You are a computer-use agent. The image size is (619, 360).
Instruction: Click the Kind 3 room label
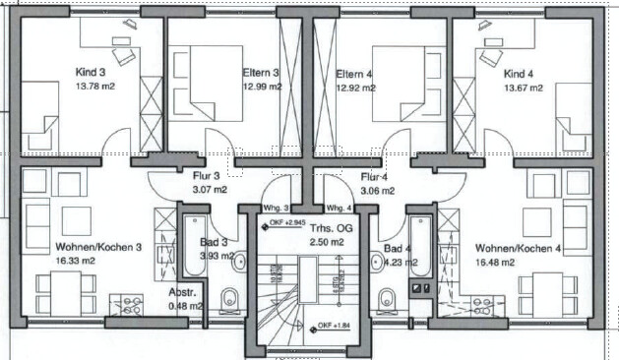pos(91,72)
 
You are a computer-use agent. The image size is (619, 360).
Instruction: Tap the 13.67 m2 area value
pos(524,88)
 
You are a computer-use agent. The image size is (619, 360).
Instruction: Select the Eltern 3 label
pos(261,73)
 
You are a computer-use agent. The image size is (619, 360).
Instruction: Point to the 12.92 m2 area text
pos(355,88)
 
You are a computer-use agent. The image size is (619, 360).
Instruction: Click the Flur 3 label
pos(206,176)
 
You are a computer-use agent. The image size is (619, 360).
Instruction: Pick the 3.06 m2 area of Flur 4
pos(377,191)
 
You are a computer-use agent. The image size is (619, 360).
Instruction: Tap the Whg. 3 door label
pos(276,208)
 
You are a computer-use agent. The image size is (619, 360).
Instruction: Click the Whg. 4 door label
pos(340,208)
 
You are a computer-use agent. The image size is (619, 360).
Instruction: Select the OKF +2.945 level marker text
pos(287,223)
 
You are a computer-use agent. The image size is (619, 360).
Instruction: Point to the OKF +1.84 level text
pos(335,326)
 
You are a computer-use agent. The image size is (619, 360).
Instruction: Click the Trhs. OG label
pos(332,228)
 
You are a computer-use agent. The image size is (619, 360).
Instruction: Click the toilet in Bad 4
pos(386,300)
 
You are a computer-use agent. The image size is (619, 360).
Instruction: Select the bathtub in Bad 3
pos(195,246)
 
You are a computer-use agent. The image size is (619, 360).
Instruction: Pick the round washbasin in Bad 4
pos(378,262)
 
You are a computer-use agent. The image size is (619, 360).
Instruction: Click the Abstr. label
pos(182,292)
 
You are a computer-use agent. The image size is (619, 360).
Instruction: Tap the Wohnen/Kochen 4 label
pos(518,249)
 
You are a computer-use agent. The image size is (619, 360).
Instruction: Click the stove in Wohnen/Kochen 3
pos(127,305)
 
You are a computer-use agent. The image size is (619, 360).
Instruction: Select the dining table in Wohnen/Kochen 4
pos(547,295)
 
